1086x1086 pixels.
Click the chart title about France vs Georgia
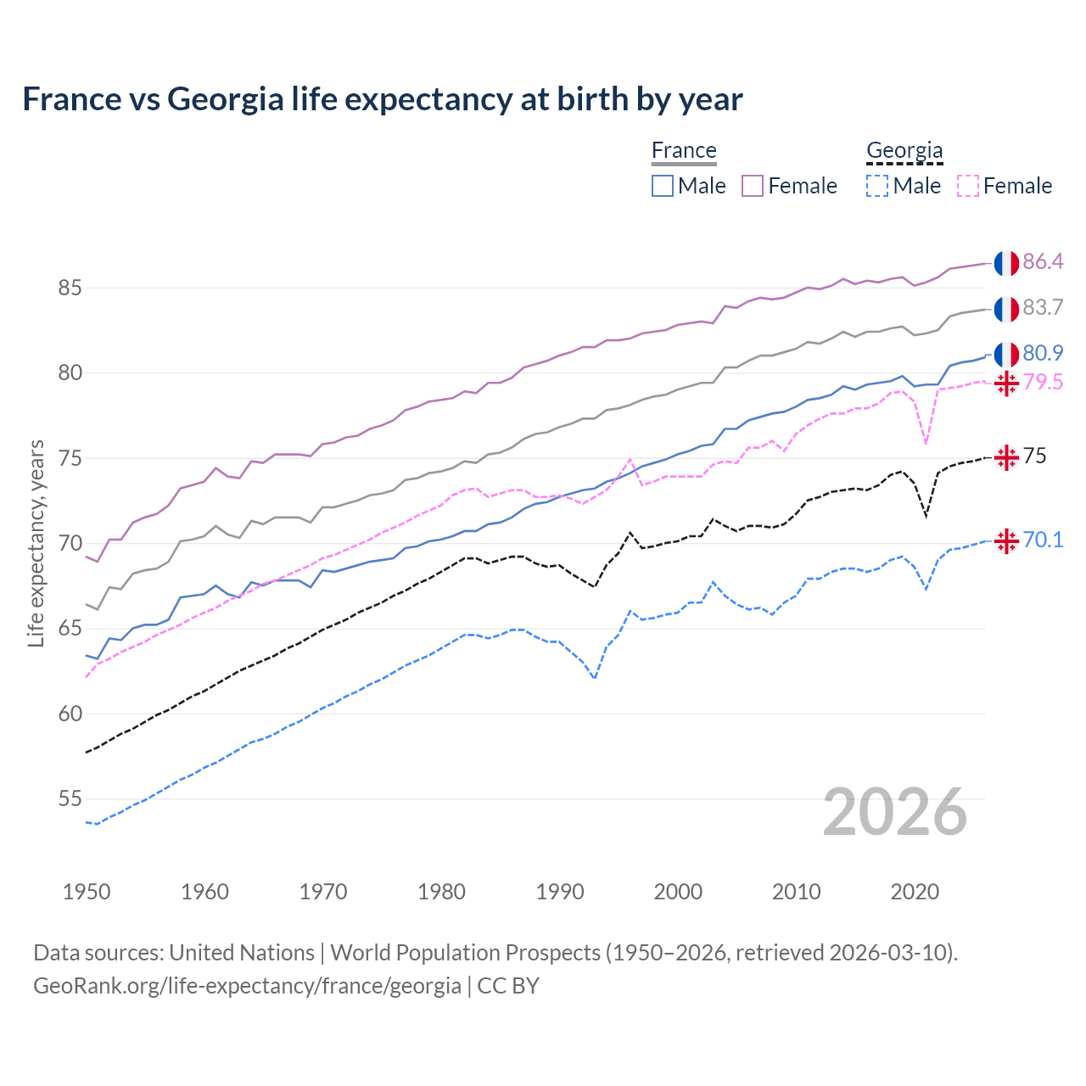click(382, 99)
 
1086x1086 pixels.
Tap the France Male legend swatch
click(663, 186)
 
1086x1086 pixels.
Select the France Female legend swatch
click(753, 186)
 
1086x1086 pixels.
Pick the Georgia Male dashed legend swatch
click(877, 186)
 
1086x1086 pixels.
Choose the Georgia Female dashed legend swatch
click(968, 186)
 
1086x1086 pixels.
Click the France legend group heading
click(684, 150)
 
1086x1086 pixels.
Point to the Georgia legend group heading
click(904, 150)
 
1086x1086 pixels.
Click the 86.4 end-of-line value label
click(1043, 262)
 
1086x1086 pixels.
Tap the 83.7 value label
click(1043, 308)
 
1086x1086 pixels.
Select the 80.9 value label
click(1043, 353)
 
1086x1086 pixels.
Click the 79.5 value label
click(1043, 383)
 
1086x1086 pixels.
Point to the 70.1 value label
click(1043, 540)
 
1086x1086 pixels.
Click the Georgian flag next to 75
click(1006, 457)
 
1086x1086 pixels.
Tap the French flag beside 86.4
click(1006, 263)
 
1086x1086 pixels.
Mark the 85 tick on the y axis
click(70, 288)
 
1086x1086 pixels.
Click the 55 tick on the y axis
click(70, 799)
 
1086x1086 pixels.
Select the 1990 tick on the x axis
click(560, 892)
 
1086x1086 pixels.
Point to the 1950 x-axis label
click(87, 892)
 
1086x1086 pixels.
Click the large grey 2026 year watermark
click(895, 813)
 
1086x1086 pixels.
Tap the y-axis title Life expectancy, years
click(36, 543)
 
